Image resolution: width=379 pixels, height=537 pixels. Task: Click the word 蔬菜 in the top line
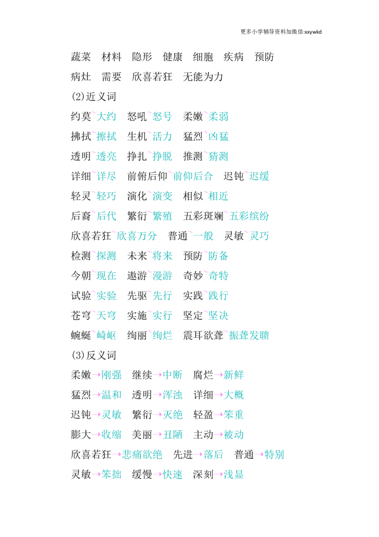(81, 57)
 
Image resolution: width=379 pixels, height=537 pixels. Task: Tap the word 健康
(172, 57)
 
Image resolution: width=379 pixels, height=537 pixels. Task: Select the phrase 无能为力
(203, 77)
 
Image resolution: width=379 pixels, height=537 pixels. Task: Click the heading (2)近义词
(94, 97)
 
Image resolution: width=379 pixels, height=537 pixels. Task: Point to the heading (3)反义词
(94, 355)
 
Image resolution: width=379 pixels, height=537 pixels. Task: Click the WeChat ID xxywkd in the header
(313, 32)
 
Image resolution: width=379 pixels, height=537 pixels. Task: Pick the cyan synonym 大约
(107, 116)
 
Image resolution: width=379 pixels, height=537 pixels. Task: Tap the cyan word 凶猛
(218, 136)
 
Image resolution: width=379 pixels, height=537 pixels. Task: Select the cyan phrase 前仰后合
(193, 176)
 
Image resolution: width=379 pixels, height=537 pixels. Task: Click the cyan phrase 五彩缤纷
(249, 216)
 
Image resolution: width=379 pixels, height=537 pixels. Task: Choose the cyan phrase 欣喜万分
(137, 236)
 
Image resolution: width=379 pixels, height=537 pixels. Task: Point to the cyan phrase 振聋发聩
(249, 335)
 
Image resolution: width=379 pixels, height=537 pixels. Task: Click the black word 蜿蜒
(81, 335)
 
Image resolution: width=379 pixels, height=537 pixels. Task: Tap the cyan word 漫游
(162, 276)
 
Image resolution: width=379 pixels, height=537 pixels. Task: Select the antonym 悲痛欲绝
(142, 454)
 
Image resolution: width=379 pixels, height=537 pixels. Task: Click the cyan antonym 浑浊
(172, 395)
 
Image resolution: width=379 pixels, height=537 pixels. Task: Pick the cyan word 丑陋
(172, 435)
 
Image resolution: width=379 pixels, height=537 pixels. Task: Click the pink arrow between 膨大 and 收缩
(97, 435)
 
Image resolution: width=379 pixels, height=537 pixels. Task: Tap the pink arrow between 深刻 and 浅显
(218, 475)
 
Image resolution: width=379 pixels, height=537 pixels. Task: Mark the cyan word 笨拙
(111, 474)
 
